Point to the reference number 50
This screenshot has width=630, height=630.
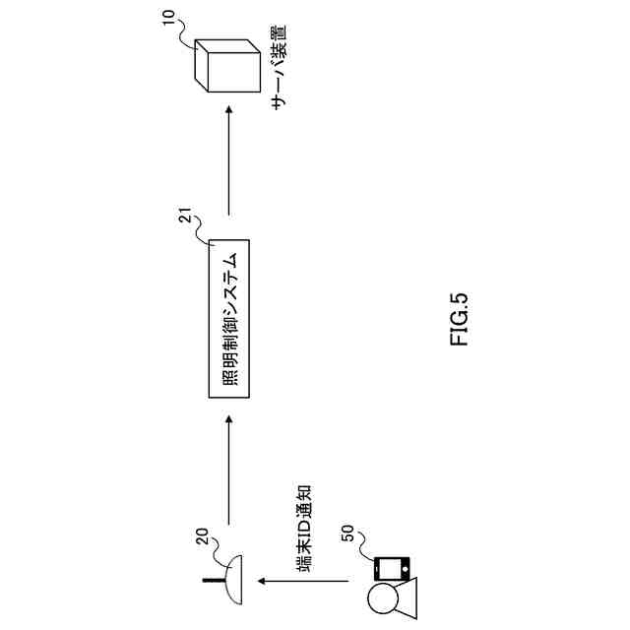point(346,535)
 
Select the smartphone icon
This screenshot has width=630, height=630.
point(392,569)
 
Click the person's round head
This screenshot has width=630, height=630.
point(381,598)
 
